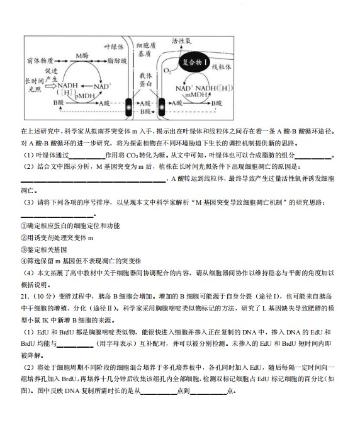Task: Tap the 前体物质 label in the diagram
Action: coord(40,61)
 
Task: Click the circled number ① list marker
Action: coord(23,226)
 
